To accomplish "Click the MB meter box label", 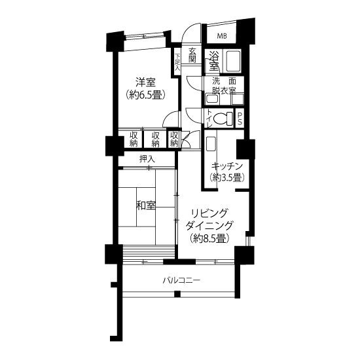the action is click(222, 36).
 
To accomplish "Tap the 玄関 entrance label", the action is click(192, 55).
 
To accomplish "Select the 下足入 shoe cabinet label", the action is click(177, 62).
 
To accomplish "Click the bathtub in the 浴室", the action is click(233, 62).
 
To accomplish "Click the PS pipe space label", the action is click(239, 118).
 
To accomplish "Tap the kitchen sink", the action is click(211, 144).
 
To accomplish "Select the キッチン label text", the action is click(227, 166).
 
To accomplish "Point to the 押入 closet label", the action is click(147, 159).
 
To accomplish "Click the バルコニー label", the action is click(181, 280).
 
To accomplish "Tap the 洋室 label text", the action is click(145, 82).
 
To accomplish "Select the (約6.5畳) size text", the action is click(145, 95).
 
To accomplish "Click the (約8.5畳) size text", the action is click(209, 238).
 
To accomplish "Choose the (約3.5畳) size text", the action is click(227, 177).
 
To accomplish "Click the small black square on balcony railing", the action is click(177, 294).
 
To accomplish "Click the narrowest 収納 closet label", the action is click(174, 139).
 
